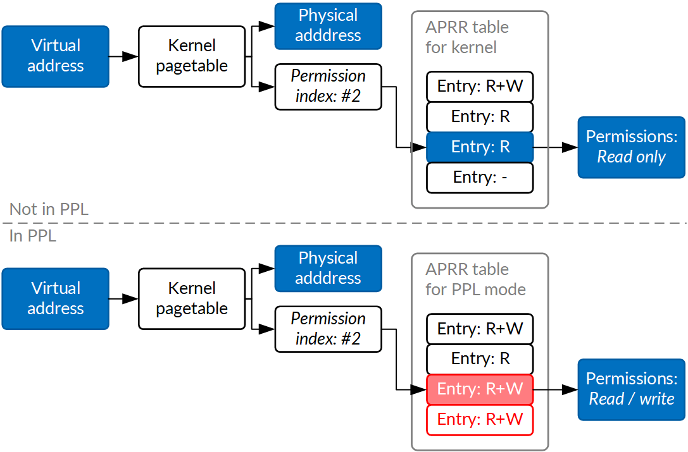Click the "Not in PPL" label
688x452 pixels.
click(x=49, y=210)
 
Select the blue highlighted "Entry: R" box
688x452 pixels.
click(x=480, y=147)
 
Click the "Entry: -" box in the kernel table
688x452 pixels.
click(x=480, y=178)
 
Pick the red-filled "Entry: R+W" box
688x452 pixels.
click(x=480, y=389)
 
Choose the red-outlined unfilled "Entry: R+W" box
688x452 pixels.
click(x=480, y=420)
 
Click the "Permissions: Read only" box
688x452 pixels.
click(x=631, y=147)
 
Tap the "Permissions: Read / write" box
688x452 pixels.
click(x=631, y=389)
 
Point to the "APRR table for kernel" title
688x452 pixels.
click(x=466, y=37)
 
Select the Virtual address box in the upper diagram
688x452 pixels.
click(x=55, y=56)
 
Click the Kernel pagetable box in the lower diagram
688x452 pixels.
click(x=192, y=299)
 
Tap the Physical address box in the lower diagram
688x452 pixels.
click(x=328, y=269)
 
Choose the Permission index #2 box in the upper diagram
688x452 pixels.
click(x=328, y=87)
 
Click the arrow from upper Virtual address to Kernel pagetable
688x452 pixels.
click(x=123, y=56)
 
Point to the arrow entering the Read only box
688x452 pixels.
click(x=555, y=147)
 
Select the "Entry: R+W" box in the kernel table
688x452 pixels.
click(x=480, y=87)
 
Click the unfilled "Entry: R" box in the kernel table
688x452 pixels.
click(x=480, y=117)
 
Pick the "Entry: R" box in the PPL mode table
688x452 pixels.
click(x=480, y=359)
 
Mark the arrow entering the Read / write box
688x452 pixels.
click(x=555, y=389)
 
